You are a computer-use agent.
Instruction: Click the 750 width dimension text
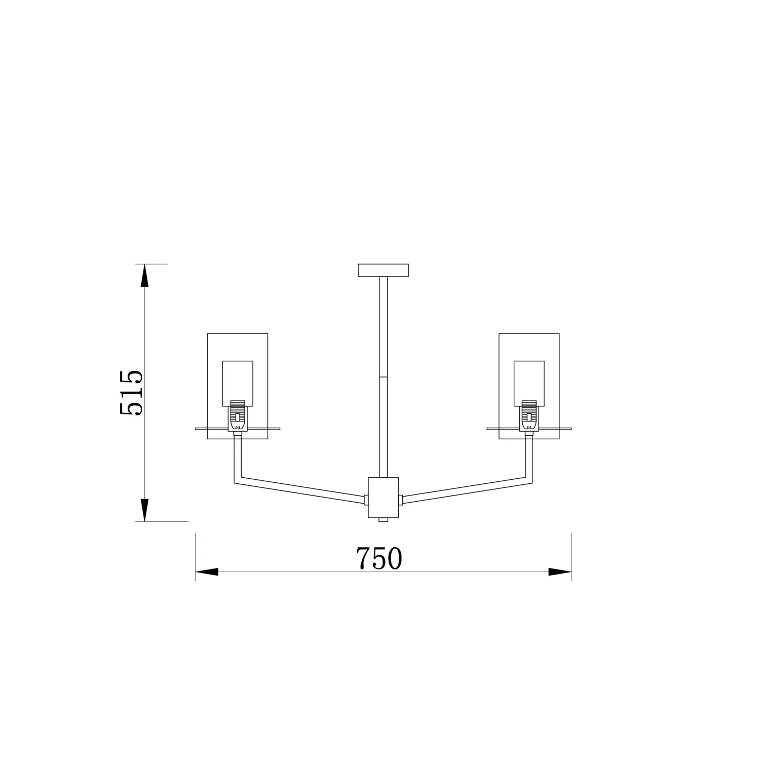click(x=379, y=558)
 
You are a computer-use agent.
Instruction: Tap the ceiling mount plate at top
click(x=383, y=271)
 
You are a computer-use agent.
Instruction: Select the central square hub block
click(x=383, y=497)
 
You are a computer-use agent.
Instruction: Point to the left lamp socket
click(x=237, y=416)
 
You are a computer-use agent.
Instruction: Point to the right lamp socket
click(x=528, y=416)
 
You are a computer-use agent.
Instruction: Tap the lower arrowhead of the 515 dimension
click(x=144, y=510)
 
